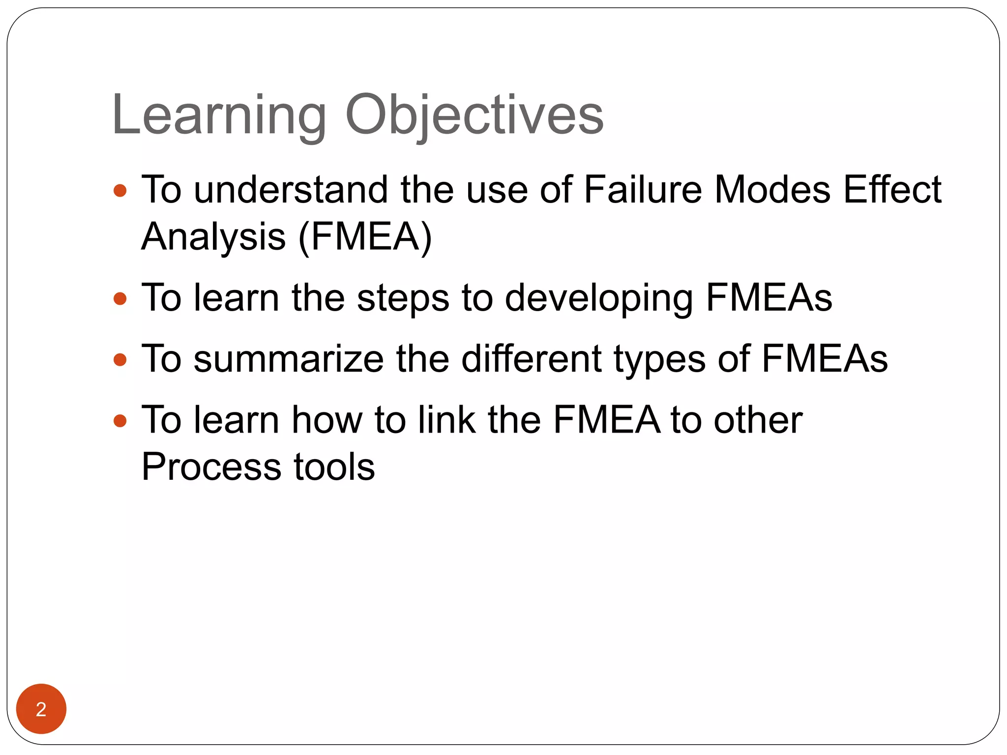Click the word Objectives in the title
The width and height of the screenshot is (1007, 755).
pos(474,116)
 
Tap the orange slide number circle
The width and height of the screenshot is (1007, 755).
pos(41,708)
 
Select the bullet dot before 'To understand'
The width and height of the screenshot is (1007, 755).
pos(120,190)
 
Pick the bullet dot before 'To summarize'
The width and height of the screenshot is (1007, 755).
pos(120,360)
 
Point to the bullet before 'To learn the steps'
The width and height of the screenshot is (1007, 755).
pos(120,298)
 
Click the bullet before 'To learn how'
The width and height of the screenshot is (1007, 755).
pos(120,421)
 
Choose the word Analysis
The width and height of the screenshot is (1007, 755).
pos(213,237)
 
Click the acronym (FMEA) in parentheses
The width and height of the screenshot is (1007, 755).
pos(365,237)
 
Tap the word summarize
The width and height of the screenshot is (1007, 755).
pos(288,359)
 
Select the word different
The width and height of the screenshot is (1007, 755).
pos(531,359)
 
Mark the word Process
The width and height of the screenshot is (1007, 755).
pos(211,466)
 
